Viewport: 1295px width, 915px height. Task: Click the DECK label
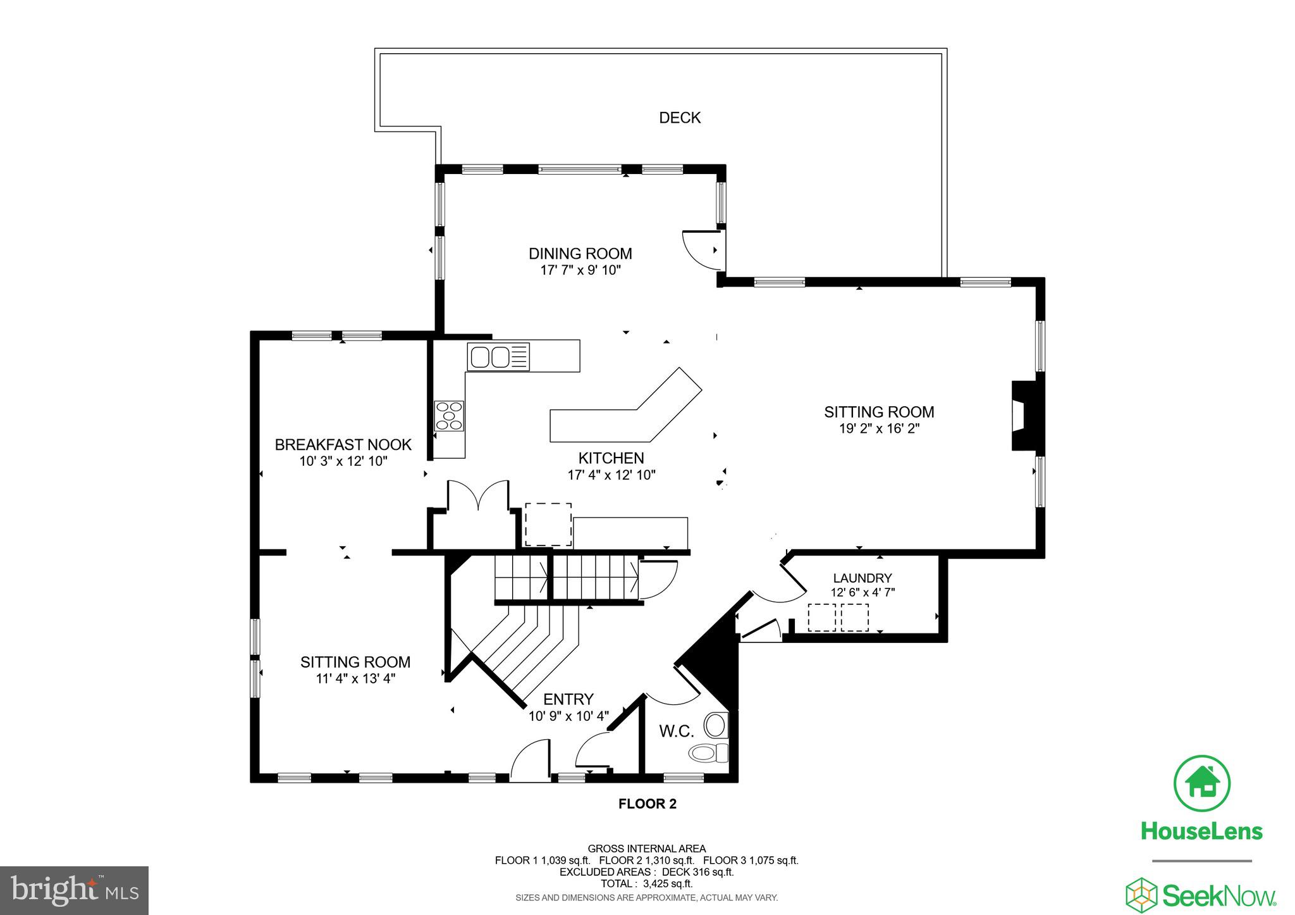tap(680, 118)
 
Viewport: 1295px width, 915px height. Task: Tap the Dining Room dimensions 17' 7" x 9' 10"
tap(580, 270)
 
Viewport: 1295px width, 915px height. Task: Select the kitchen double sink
tap(498, 357)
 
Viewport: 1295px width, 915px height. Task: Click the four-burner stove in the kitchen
tap(448, 416)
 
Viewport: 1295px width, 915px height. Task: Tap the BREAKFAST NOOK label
tap(343, 445)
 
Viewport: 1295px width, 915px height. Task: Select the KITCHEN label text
tap(611, 458)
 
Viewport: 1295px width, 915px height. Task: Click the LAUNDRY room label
tap(862, 578)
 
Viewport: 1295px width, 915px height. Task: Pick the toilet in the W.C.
tap(708, 753)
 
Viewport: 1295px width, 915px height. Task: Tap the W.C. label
tap(677, 732)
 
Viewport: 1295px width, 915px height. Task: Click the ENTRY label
tap(568, 699)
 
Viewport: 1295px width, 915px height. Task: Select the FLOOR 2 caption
tap(647, 804)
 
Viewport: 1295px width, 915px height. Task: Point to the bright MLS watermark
tap(74, 891)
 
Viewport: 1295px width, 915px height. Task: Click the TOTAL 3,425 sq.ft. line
tap(646, 883)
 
